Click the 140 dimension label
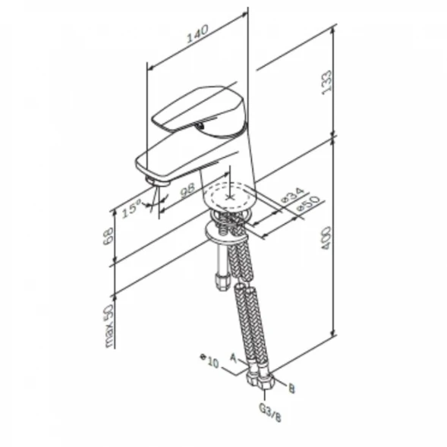(x=197, y=34)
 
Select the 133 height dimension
(x=326, y=83)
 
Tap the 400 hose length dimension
(x=326, y=238)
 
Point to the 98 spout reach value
(x=187, y=190)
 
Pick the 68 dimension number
(x=109, y=236)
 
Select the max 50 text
(x=109, y=326)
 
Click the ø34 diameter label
(x=292, y=195)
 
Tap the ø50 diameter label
(x=308, y=204)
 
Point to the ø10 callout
(x=209, y=361)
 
